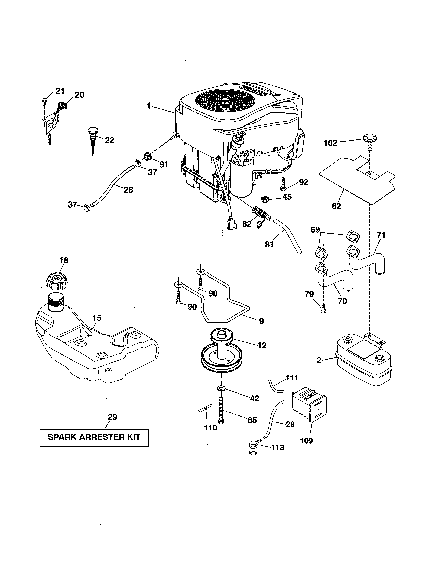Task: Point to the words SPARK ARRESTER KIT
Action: coord(94,437)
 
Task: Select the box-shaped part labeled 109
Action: coord(309,404)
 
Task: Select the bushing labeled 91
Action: coord(148,156)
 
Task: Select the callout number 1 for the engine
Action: coord(149,106)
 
